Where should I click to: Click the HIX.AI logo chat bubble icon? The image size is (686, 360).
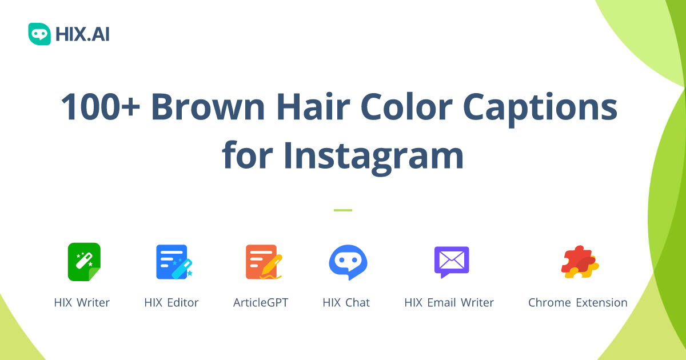[39, 34]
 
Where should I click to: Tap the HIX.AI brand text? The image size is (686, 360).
[82, 35]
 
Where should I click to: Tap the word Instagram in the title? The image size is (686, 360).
[373, 155]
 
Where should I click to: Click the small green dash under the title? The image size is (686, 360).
[343, 210]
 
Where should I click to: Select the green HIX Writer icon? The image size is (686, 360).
[84, 262]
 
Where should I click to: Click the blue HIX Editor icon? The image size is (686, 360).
[173, 262]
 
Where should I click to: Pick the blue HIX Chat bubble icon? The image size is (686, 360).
[348, 262]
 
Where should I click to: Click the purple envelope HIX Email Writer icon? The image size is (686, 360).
[452, 262]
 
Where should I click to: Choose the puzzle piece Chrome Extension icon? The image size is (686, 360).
[579, 262]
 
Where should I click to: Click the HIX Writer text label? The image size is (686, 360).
[82, 303]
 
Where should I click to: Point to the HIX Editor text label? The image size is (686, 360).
[171, 303]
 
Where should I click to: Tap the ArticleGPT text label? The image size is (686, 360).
[261, 303]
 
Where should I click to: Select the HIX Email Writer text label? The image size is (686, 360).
[449, 303]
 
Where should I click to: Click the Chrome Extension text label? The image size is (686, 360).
[577, 303]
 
